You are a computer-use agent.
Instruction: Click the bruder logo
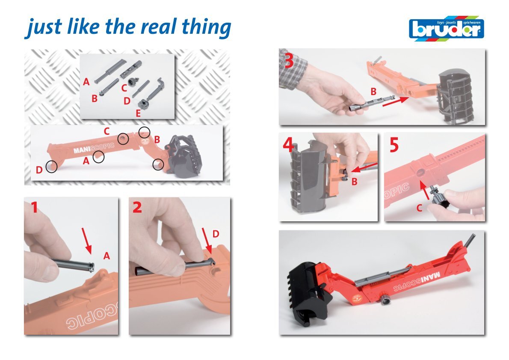447,28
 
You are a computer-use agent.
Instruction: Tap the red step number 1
34,208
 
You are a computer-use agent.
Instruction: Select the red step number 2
137,207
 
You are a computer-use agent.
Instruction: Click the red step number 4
289,145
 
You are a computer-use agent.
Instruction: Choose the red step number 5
394,145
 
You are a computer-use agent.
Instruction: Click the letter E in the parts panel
138,113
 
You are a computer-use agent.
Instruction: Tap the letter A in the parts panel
86,82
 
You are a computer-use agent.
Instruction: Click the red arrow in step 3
396,101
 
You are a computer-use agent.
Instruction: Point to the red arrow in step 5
424,190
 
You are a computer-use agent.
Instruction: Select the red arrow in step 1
87,241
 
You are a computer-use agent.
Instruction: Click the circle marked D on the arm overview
51,167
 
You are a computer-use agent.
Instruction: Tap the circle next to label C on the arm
123,139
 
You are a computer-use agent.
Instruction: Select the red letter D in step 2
216,234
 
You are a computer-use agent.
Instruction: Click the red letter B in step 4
355,181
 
